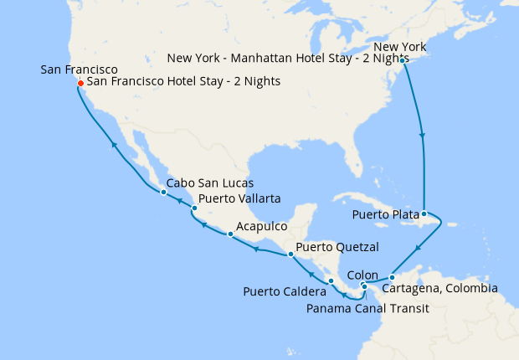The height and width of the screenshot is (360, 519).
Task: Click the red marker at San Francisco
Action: [x=80, y=83]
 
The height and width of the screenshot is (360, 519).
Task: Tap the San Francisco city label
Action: [x=79, y=69]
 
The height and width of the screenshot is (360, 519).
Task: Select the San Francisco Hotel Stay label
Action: [x=183, y=82]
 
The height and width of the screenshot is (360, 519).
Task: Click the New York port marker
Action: [x=403, y=60]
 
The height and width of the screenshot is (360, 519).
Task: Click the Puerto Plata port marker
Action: [x=424, y=213]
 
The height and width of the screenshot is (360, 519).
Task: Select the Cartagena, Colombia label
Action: [x=439, y=289]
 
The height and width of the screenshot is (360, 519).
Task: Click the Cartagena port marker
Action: [x=392, y=277]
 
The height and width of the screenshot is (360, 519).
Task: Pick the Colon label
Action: [x=362, y=274]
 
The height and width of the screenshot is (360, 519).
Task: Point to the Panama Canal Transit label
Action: [x=367, y=308]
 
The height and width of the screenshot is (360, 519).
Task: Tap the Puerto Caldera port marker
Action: [x=331, y=280]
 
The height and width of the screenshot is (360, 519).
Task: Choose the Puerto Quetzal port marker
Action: [x=290, y=254]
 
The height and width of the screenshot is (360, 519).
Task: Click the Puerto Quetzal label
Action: [x=337, y=247]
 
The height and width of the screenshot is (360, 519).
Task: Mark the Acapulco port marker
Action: [x=230, y=234]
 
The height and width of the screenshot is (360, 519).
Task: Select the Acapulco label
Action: [x=262, y=226]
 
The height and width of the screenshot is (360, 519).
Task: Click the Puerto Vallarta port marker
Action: [x=194, y=208]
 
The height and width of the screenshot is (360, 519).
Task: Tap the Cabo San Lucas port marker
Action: [x=163, y=193]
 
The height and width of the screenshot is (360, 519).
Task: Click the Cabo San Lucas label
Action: [x=209, y=183]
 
